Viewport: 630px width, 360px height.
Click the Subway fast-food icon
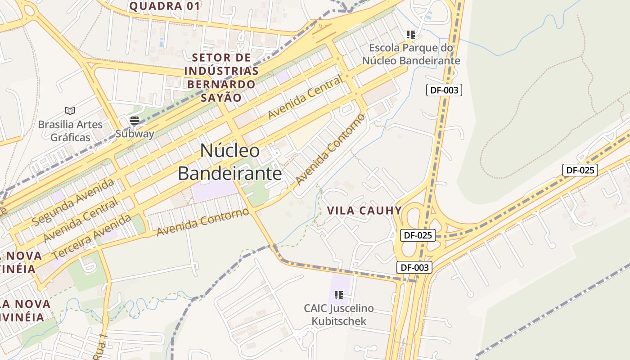click(x=134, y=121)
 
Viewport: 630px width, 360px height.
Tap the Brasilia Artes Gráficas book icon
click(x=70, y=111)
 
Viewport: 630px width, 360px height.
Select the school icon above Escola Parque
click(x=410, y=34)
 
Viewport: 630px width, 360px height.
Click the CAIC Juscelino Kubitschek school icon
click(x=339, y=295)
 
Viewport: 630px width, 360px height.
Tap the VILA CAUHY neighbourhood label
click(x=364, y=211)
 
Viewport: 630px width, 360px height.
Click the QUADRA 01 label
click(x=164, y=6)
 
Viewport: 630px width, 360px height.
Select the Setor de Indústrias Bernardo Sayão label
click(x=221, y=77)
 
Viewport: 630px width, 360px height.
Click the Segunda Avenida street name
click(x=73, y=202)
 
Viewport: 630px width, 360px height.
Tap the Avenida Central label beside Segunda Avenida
click(x=81, y=219)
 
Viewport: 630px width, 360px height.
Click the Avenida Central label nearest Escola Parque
click(x=305, y=98)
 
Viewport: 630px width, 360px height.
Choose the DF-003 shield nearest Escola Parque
click(x=444, y=90)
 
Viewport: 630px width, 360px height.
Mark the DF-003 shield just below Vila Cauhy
click(x=414, y=267)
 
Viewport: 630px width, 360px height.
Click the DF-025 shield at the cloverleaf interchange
click(x=418, y=235)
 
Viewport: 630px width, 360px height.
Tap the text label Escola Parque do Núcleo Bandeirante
click(x=411, y=54)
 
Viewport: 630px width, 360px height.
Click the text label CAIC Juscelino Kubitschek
click(x=339, y=315)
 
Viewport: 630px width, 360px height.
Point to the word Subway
click(x=135, y=134)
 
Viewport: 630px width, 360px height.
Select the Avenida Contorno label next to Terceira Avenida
click(x=202, y=222)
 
